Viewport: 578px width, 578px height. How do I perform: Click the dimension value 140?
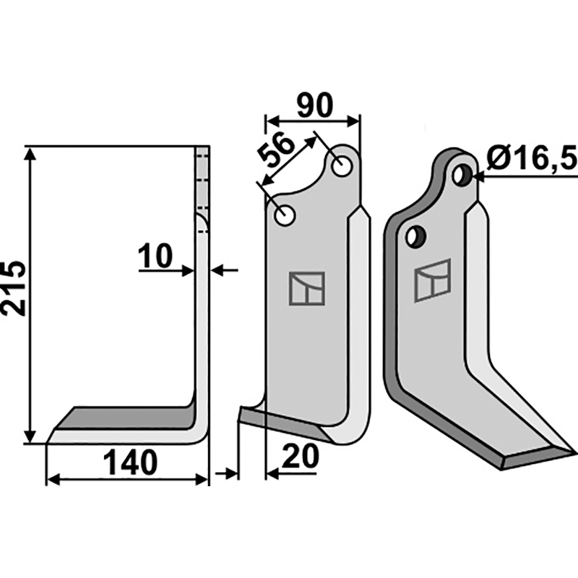130,463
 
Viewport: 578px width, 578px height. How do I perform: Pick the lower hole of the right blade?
415,236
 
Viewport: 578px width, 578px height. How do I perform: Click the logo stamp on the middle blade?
307,288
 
